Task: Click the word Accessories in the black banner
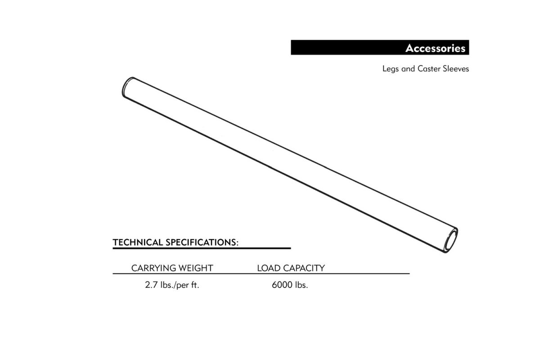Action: pos(435,48)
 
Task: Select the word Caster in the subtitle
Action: pos(429,69)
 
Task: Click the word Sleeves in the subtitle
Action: pos(456,69)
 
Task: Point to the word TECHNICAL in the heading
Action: pos(138,243)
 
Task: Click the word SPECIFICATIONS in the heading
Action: pos(201,243)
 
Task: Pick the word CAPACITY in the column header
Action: pos(304,268)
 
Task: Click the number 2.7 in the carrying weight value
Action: pos(151,285)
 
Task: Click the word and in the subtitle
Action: pos(408,69)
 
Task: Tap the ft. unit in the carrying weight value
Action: pos(195,285)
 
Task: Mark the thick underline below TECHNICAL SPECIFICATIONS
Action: pos(202,248)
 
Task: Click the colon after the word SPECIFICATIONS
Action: pos(238,243)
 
